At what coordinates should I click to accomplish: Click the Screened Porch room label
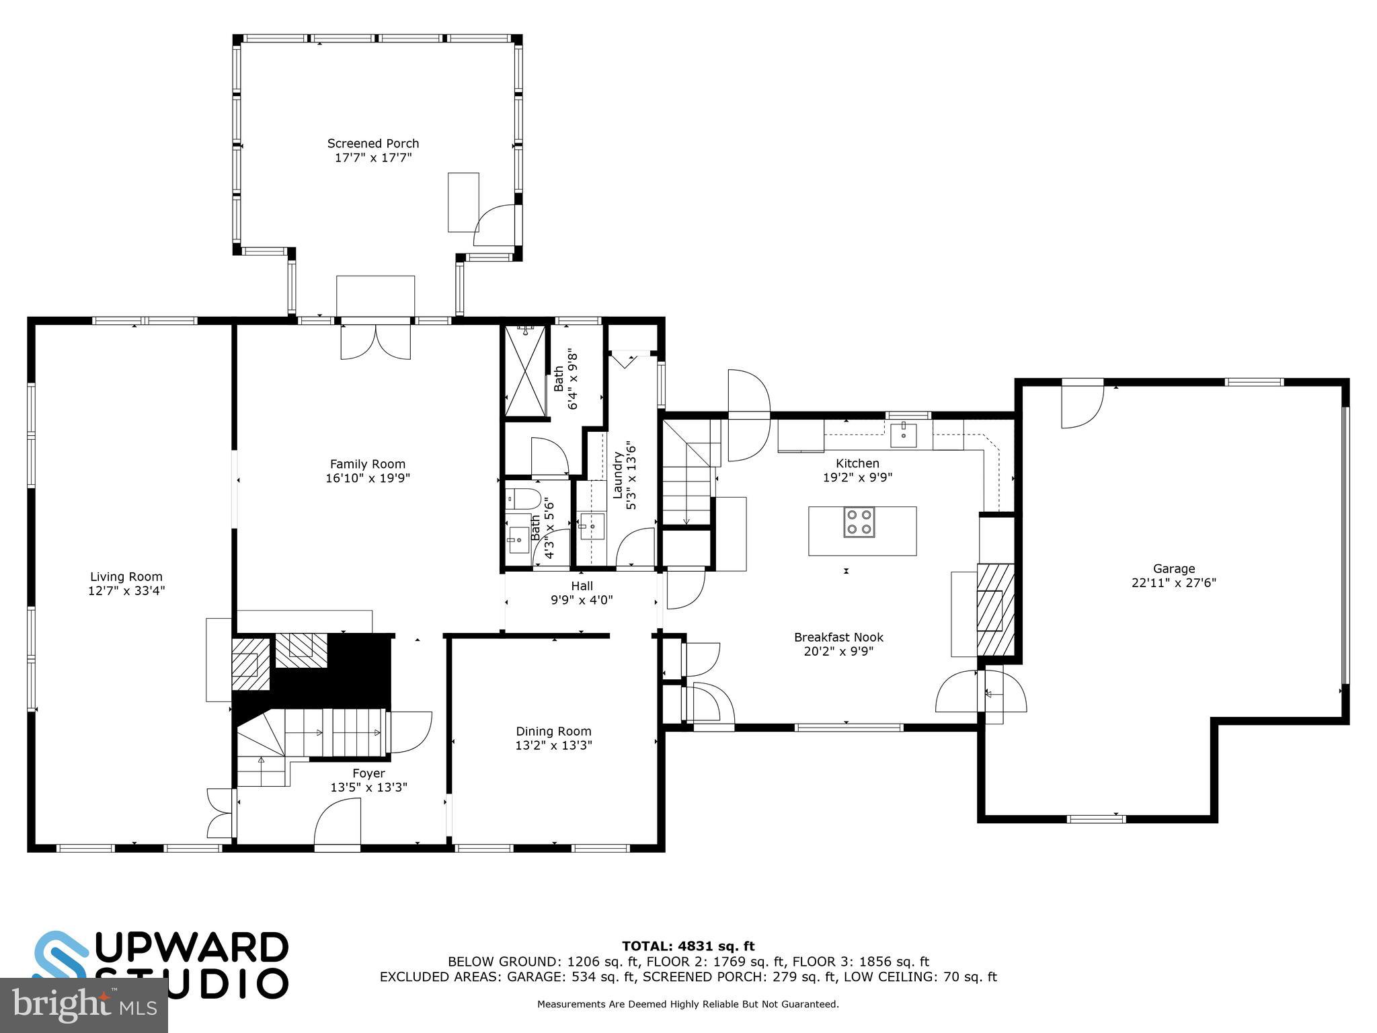click(372, 143)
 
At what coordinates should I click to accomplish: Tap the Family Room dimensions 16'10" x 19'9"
click(368, 478)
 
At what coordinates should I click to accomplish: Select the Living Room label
click(126, 576)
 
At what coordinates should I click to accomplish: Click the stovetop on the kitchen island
click(859, 522)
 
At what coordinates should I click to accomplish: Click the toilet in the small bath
click(523, 499)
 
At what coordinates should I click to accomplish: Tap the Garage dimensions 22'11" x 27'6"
click(1173, 583)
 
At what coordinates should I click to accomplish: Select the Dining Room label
click(553, 731)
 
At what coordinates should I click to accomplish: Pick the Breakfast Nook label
click(838, 637)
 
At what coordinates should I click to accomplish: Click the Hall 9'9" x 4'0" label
click(582, 592)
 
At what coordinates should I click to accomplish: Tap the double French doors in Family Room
click(375, 342)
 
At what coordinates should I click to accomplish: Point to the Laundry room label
click(617, 475)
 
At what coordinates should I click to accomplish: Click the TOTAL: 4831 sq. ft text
click(688, 946)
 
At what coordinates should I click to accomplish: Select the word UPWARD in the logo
click(192, 949)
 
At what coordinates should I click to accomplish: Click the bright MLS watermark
click(83, 1005)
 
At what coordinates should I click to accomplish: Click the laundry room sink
click(592, 526)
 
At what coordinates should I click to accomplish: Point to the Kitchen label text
click(857, 463)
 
